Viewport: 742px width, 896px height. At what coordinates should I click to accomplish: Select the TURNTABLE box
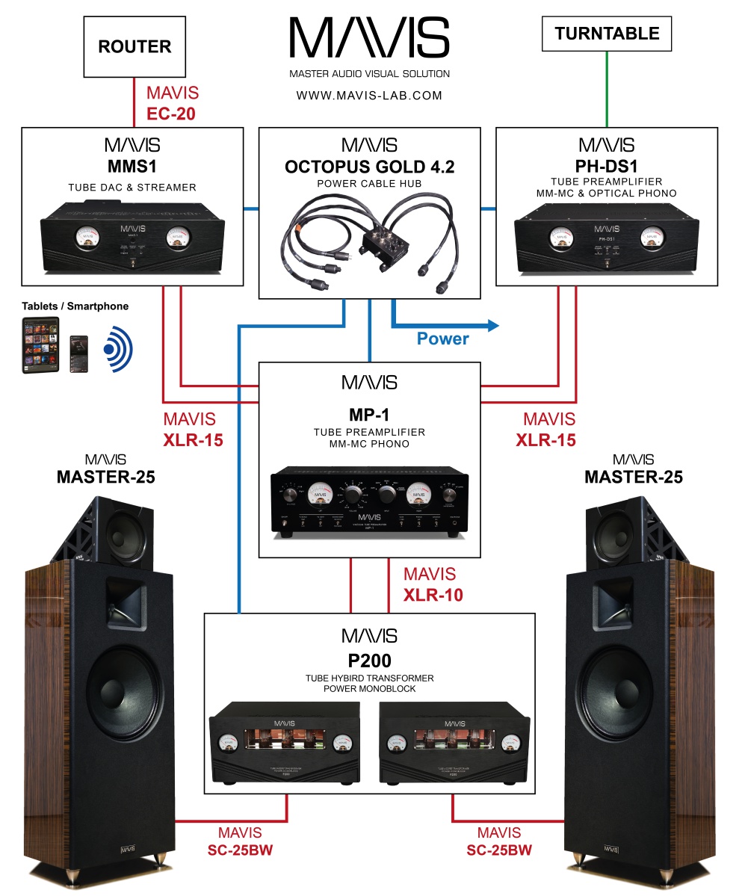pyautogui.click(x=607, y=34)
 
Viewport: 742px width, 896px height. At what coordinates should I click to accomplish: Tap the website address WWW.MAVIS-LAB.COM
pyautogui.click(x=369, y=96)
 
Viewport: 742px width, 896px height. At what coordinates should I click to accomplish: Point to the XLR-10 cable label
pyautogui.click(x=433, y=596)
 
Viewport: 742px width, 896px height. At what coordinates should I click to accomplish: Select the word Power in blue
pyautogui.click(x=443, y=339)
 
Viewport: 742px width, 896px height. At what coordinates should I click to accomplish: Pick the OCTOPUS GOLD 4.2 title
pyautogui.click(x=369, y=167)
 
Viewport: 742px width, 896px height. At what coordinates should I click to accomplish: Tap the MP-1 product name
pyautogui.click(x=369, y=414)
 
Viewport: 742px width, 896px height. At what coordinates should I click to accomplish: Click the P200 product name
pyautogui.click(x=369, y=661)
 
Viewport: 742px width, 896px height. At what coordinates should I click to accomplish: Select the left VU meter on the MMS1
pyautogui.click(x=88, y=239)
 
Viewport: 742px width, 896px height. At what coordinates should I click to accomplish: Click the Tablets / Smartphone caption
pyautogui.click(x=75, y=306)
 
